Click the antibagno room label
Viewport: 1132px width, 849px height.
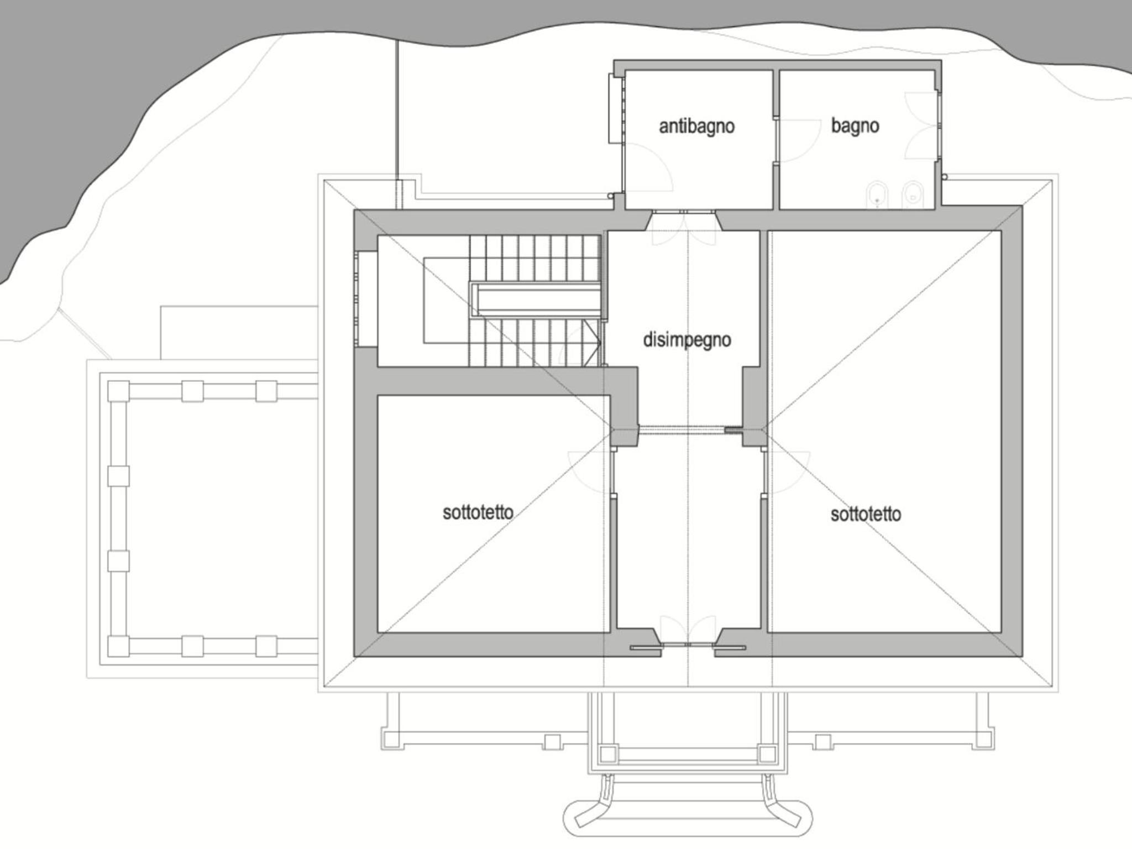tap(696, 127)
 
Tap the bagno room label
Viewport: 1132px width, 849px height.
tap(855, 126)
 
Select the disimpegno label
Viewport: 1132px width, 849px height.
tap(687, 339)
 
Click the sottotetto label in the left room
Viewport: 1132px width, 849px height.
tap(478, 512)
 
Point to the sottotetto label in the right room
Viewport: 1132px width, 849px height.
tap(866, 514)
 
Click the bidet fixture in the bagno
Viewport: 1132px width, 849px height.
tap(877, 196)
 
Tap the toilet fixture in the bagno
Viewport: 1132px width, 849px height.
tap(911, 196)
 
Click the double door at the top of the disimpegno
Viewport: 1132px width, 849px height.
tap(684, 228)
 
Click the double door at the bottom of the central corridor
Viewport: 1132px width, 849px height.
tap(688, 630)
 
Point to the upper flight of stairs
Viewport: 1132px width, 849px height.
tap(535, 259)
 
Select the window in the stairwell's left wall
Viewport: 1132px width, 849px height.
tap(366, 299)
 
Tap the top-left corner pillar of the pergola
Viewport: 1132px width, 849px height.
tap(118, 391)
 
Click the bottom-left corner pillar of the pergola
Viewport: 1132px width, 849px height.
tap(118, 646)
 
